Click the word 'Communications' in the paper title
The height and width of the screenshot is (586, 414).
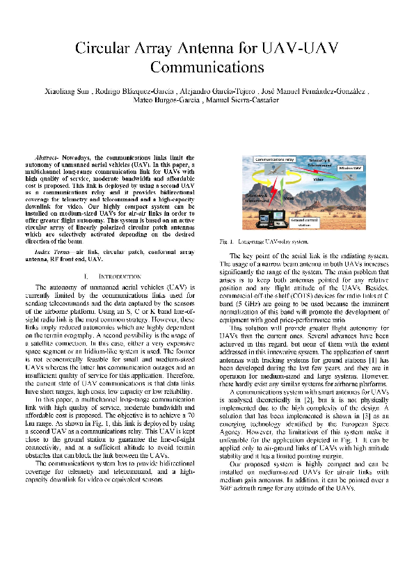pyautogui.click(x=207, y=68)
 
